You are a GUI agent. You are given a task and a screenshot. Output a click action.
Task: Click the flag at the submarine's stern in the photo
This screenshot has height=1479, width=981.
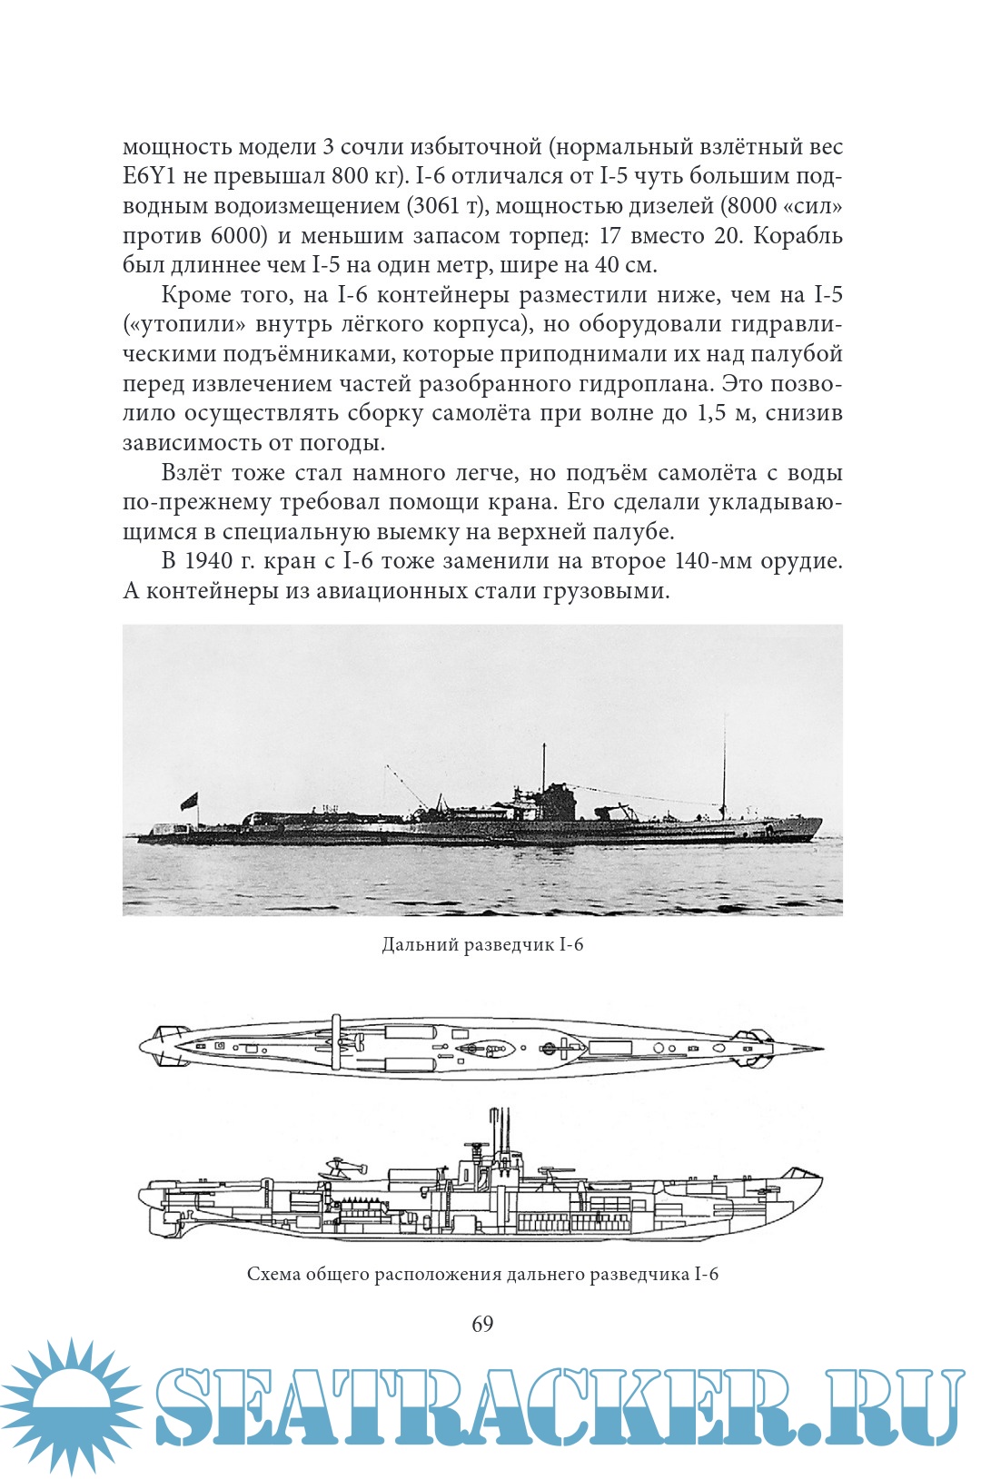pyautogui.click(x=189, y=801)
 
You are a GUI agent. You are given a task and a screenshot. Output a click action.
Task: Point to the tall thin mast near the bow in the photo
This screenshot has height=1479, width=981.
pyautogui.click(x=724, y=767)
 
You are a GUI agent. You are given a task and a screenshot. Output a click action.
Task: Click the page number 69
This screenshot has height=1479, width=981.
pyautogui.click(x=482, y=1324)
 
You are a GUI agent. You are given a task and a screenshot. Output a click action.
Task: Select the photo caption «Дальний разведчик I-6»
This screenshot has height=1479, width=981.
pyautogui.click(x=482, y=944)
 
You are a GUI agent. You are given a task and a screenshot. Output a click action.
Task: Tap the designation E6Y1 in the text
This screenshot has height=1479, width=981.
pyautogui.click(x=150, y=176)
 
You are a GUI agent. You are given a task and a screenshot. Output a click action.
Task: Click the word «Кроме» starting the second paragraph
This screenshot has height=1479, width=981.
pyautogui.click(x=194, y=295)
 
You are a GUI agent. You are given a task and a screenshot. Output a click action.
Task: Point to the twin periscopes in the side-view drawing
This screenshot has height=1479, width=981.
pyautogui.click(x=498, y=1126)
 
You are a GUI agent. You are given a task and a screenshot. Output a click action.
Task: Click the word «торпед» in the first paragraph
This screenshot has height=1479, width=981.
pyautogui.click(x=541, y=236)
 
